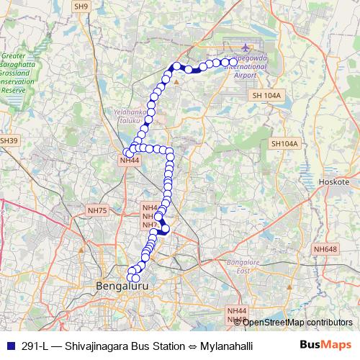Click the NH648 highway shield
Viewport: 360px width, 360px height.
click(x=325, y=249)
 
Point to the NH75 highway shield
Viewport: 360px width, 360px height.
click(x=96, y=210)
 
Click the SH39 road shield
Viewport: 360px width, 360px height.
click(x=8, y=140)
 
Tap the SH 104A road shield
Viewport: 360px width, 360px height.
click(x=266, y=95)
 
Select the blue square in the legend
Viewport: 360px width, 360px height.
click(x=9, y=345)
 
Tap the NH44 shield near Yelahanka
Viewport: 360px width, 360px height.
click(x=129, y=160)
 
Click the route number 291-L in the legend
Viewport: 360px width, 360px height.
click(x=35, y=346)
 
